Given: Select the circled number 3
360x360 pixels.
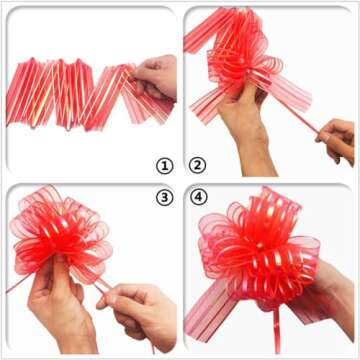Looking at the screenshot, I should point(164,197).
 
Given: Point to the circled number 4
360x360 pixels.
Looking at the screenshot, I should point(197,197).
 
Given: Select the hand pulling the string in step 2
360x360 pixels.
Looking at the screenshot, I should point(338,141).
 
